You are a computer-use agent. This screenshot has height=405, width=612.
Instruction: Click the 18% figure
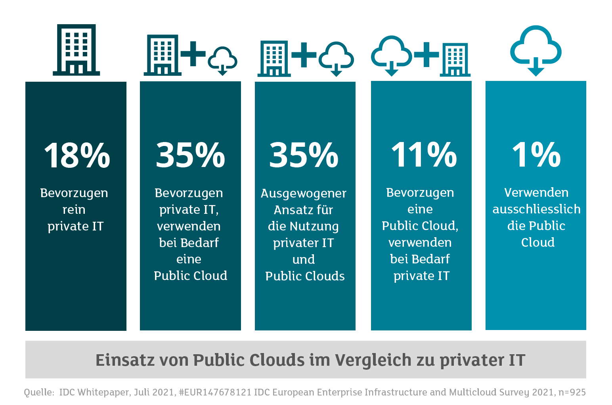coord(76,155)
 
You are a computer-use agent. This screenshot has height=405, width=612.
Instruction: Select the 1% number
coord(536,155)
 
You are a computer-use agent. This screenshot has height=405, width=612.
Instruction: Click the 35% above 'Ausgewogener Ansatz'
coord(304,155)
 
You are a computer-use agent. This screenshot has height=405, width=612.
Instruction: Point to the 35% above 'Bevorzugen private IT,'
coord(190,155)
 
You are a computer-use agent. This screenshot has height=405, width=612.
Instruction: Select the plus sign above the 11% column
coord(426,54)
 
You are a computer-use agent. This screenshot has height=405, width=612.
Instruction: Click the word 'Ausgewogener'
coord(304,194)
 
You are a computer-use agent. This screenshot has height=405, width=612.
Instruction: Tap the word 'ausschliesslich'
coord(536,209)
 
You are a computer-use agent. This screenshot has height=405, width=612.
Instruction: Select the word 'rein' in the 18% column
coord(74,209)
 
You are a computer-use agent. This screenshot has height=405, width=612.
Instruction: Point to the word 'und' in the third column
coord(304,259)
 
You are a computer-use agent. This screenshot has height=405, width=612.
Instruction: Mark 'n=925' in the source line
coord(572,392)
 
